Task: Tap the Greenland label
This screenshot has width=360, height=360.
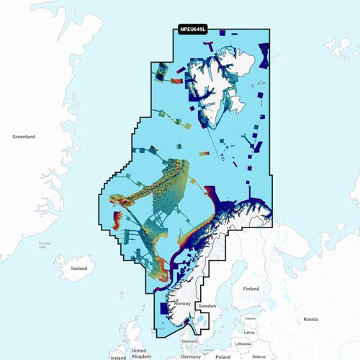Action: point(24,136)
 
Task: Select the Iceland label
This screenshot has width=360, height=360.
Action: point(78,268)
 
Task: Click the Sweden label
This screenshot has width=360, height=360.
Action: point(207,306)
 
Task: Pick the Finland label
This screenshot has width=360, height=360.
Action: point(251,289)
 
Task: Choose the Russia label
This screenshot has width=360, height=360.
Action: point(310,318)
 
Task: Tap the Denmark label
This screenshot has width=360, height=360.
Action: point(189,341)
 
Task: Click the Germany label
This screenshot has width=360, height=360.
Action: point(191,356)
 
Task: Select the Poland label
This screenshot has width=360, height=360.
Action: point(223,356)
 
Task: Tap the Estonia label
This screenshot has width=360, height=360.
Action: point(250,318)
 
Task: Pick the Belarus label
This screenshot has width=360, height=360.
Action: point(258,356)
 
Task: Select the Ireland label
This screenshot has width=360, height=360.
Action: point(118,356)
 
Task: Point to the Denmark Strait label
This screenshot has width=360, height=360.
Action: point(45,246)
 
